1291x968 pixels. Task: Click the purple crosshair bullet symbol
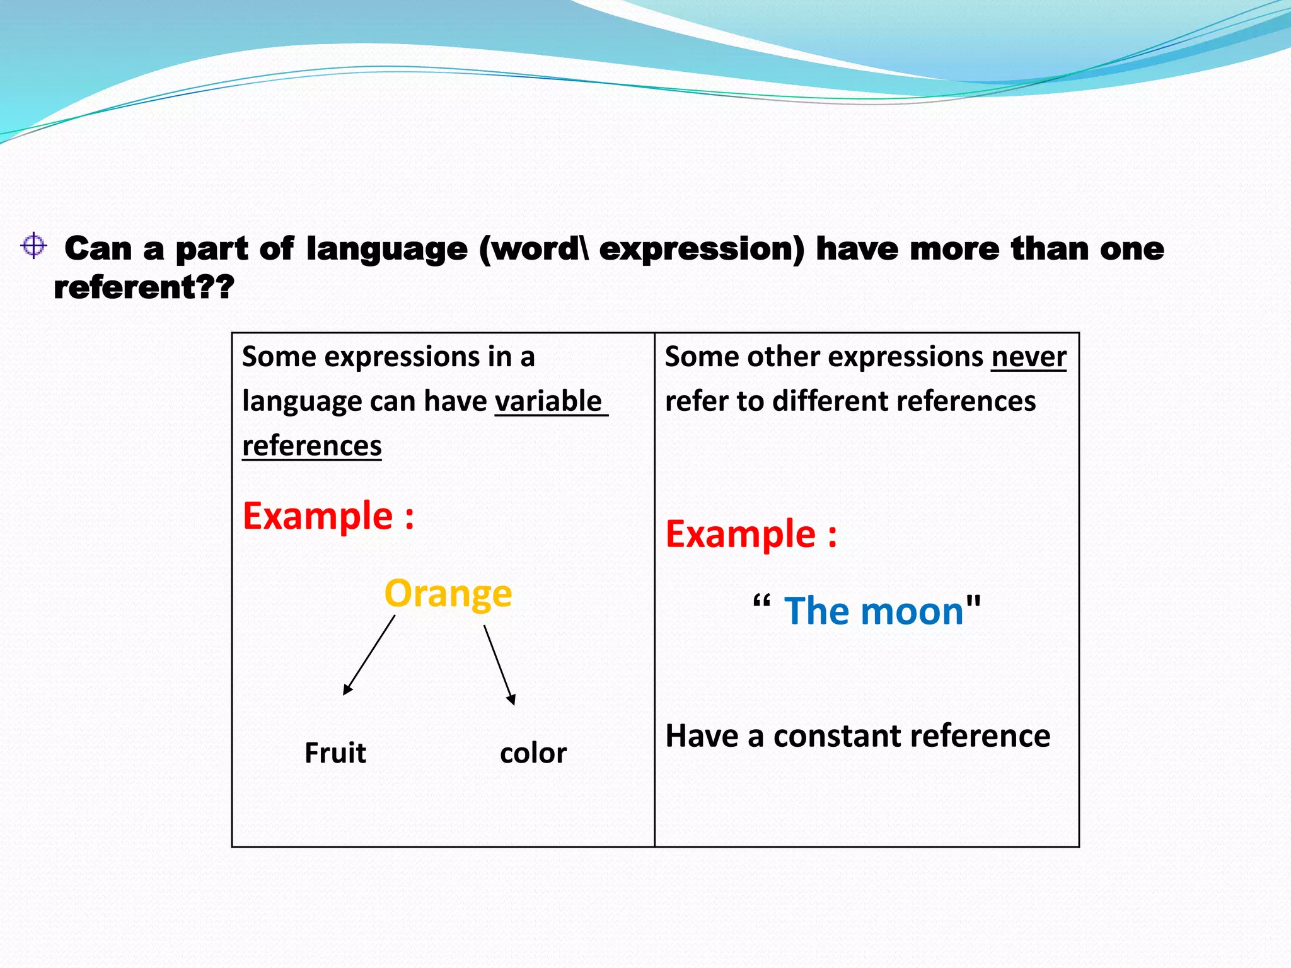pos(33,245)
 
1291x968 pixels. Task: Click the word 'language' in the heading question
pos(386,250)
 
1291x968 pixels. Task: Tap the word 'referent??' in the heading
pos(144,287)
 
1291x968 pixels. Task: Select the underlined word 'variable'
pos(548,401)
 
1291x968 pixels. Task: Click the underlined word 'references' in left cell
pos(312,446)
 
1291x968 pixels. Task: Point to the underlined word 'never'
pos(1028,357)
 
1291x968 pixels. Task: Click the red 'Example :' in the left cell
pos(328,516)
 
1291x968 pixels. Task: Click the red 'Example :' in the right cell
pos(751,534)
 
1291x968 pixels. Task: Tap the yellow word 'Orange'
pos(448,594)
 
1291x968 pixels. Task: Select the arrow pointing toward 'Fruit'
pos(369,655)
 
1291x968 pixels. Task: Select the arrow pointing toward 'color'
pos(499,665)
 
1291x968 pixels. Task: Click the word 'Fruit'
pos(335,753)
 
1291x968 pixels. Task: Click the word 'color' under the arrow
pos(533,754)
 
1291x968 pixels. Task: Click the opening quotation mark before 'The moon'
pos(761,602)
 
